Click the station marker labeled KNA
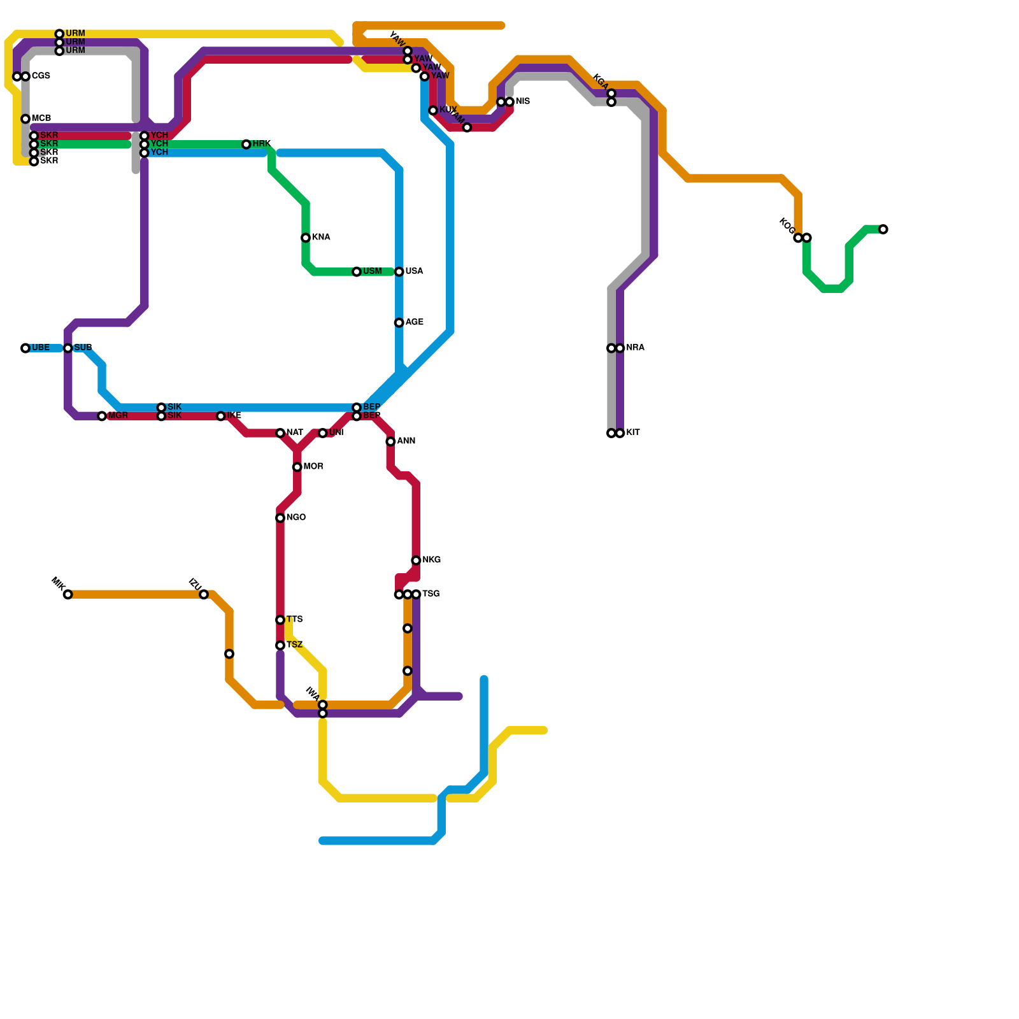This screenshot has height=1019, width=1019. pos(306,238)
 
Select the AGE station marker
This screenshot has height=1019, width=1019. pos(399,323)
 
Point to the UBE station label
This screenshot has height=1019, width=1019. pos(40,348)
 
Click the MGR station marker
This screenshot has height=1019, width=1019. pos(102,417)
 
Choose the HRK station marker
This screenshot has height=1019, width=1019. pos(246,145)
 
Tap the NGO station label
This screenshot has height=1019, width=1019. pos(296,518)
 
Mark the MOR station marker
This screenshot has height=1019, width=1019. pos(297,467)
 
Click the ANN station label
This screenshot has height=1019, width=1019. pos(406,441)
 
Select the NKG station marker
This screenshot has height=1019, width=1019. pos(416,560)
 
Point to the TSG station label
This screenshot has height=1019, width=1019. pos(431,594)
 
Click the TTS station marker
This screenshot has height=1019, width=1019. pos(280,620)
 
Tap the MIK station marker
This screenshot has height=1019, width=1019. pos(68,595)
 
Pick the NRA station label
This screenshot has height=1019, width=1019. pos(635,348)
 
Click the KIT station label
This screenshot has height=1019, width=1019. pos(632,433)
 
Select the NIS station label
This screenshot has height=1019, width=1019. pos(522,102)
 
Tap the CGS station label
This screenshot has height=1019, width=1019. pos(41,76)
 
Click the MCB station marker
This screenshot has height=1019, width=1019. pos(25,119)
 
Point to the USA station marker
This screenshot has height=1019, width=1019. pos(399,272)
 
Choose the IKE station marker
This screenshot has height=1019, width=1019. pos(221,417)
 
